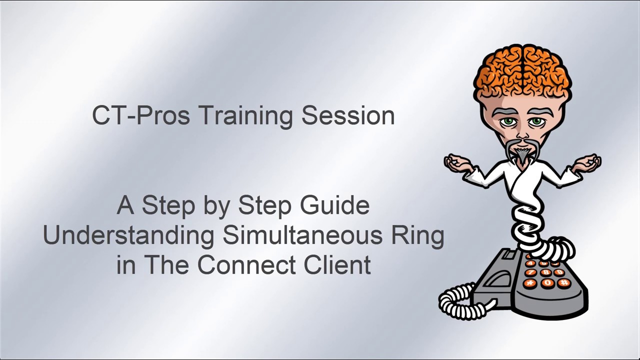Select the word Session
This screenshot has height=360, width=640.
348,115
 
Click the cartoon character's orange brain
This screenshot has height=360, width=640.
522,70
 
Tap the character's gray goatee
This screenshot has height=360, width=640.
522,152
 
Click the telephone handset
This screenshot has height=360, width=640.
495,280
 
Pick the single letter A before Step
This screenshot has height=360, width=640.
125,205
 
